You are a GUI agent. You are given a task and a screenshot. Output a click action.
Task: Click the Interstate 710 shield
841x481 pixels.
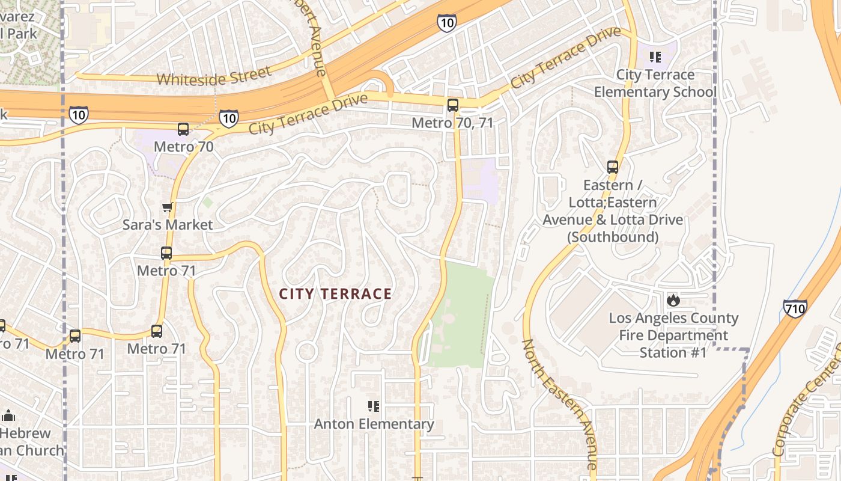795,308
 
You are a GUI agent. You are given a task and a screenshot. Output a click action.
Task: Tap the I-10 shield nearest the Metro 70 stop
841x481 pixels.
228,118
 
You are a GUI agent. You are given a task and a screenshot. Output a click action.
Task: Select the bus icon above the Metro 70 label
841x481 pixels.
183,129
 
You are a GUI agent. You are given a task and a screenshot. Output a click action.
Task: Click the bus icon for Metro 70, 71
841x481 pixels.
453,105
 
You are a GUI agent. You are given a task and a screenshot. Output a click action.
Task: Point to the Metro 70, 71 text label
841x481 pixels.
452,123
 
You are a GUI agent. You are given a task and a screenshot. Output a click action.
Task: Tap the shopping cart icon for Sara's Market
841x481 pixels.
168,207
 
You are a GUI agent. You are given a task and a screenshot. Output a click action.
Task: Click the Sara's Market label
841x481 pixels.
168,225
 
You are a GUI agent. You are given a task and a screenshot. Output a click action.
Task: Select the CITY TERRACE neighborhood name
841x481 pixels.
335,294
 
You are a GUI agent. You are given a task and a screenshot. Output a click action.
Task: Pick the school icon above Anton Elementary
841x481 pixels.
374,406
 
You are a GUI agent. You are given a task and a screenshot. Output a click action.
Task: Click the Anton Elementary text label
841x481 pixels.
374,424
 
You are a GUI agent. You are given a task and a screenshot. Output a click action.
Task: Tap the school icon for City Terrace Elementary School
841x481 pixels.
655,57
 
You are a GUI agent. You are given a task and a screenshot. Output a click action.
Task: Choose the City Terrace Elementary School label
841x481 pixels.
655,84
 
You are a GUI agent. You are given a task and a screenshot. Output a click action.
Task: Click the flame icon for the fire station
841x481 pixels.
673,299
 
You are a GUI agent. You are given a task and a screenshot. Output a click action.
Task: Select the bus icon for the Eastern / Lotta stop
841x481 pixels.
613,167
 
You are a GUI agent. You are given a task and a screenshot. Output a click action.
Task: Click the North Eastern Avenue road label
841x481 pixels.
559,404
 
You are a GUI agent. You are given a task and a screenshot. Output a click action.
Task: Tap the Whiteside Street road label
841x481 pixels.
214,77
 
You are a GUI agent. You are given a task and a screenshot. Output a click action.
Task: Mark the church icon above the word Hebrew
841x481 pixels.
8,415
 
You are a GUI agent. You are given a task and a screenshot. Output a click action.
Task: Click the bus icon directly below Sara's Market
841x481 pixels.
166,253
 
